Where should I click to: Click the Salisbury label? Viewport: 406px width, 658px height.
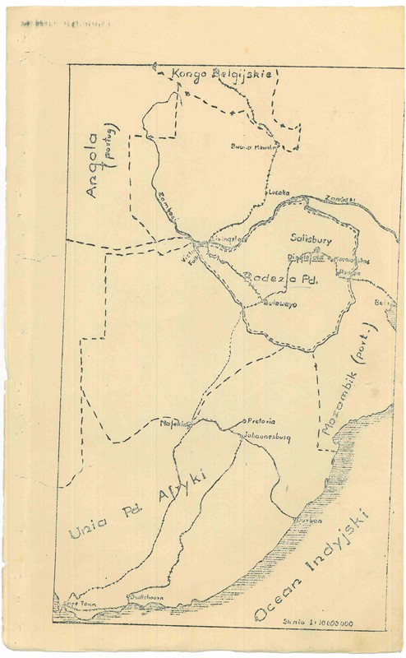click(310, 238)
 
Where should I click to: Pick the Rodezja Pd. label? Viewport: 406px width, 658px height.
click(279, 280)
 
